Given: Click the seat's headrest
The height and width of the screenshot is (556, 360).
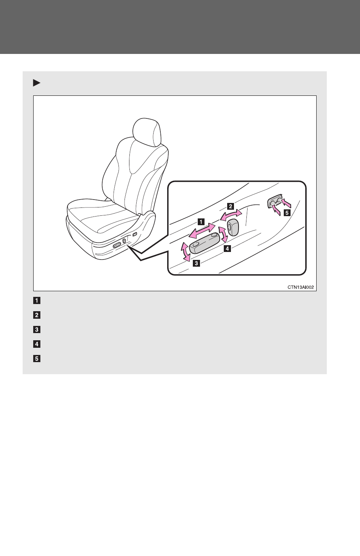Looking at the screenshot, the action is [147, 132].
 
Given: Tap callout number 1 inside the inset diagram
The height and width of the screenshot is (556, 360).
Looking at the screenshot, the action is [201, 222].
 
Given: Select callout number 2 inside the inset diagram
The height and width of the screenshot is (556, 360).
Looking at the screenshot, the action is [231, 206].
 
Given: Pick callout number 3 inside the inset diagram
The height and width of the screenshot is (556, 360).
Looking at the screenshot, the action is [196, 263].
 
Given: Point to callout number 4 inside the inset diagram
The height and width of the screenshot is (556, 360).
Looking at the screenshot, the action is [228, 249].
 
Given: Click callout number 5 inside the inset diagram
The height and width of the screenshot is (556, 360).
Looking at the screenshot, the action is [287, 213].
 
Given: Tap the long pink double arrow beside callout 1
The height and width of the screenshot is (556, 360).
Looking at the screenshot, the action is [202, 231].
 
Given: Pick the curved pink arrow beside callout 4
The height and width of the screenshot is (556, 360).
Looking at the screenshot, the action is [223, 234].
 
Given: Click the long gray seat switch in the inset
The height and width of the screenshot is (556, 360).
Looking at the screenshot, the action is [205, 243].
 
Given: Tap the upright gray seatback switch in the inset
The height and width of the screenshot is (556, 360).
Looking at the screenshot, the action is [233, 227].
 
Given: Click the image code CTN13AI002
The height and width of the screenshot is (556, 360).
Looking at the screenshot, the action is [301, 287].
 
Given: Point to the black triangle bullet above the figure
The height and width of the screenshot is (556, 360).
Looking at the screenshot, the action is [37, 83].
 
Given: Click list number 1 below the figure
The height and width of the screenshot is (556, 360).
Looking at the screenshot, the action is [37, 301].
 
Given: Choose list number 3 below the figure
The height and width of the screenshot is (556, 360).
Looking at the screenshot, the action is [37, 330].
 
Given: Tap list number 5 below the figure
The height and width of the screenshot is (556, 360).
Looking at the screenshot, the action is [37, 359].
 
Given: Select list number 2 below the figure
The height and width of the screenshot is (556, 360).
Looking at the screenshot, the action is [37, 315].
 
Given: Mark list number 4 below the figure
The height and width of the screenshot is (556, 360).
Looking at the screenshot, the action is [37, 344].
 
